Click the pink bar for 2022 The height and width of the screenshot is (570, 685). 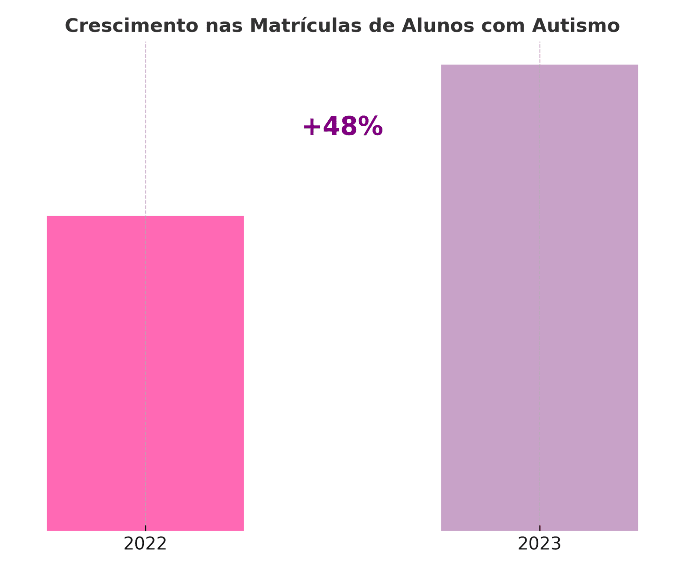click(x=145, y=372)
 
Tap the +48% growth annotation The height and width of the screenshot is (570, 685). click(x=342, y=127)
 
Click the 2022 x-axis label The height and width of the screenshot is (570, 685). click(x=145, y=544)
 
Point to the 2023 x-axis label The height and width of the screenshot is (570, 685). click(x=539, y=544)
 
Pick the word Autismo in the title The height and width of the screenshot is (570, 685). click(x=575, y=26)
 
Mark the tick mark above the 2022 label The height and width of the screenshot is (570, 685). click(x=146, y=528)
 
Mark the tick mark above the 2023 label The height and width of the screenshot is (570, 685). click(x=539, y=528)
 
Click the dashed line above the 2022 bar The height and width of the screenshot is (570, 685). click(x=146, y=128)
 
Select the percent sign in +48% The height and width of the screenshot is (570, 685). click(x=370, y=127)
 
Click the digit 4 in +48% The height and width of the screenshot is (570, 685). click(x=331, y=127)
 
